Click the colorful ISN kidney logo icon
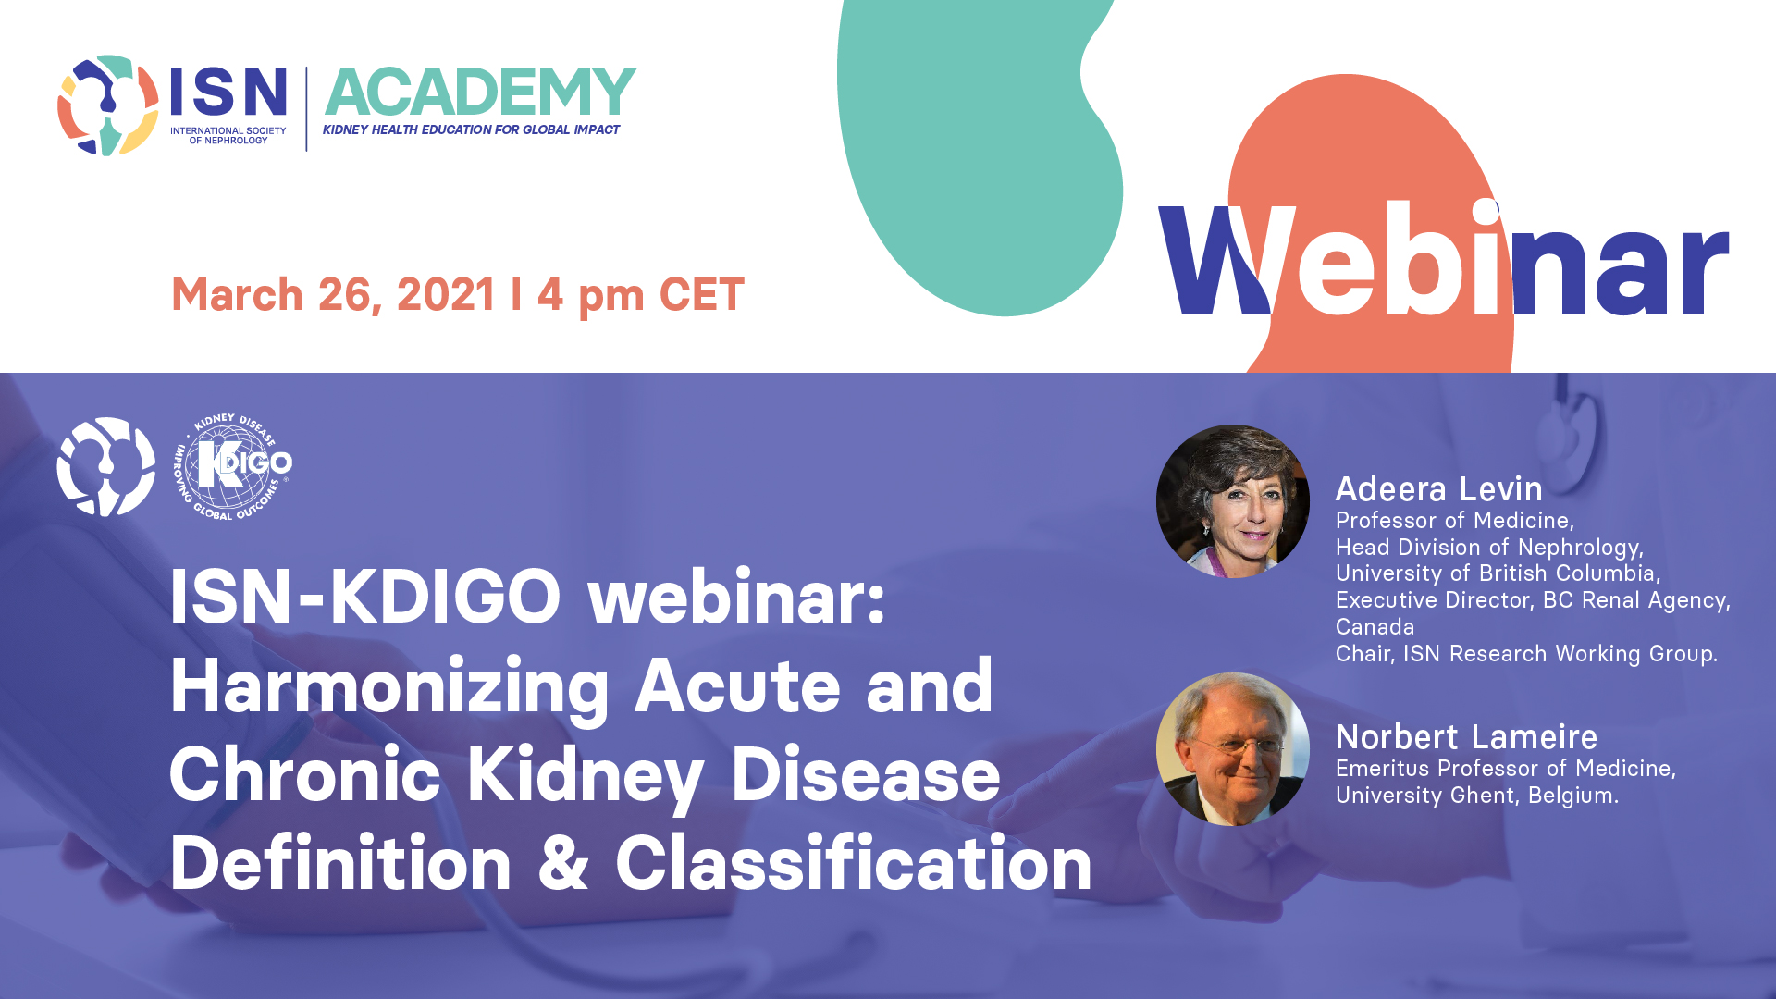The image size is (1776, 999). (107, 105)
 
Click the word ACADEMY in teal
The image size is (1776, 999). (480, 92)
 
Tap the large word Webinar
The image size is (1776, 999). (1443, 259)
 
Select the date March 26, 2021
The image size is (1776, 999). (334, 295)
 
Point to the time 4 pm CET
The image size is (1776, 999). (641, 295)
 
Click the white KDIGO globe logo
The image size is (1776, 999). (233, 466)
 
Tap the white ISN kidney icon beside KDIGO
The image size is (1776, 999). (106, 466)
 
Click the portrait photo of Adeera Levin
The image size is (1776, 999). (1233, 501)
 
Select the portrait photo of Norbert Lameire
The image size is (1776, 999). (1233, 749)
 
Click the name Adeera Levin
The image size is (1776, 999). (1438, 488)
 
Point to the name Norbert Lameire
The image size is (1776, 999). (1466, 736)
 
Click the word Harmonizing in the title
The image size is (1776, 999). (389, 687)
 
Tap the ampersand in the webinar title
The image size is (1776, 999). (563, 863)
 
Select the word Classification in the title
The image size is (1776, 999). (854, 862)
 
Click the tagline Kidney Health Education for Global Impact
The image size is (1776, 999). (471, 129)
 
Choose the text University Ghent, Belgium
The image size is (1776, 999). (1477, 795)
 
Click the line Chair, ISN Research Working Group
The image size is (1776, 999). (1526, 654)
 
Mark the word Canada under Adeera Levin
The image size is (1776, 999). (1375, 627)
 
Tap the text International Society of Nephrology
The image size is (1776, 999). (228, 135)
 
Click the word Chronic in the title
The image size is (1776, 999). (305, 774)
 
